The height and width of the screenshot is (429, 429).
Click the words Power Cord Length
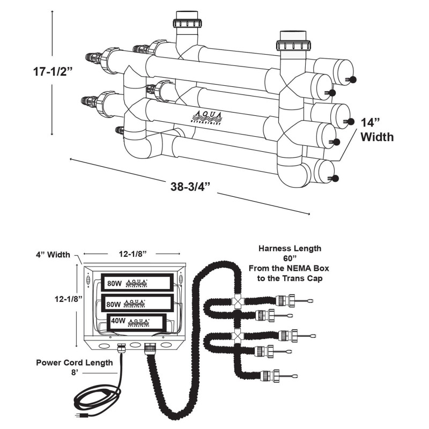click(75, 363)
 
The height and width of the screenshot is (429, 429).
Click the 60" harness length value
click(290, 259)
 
